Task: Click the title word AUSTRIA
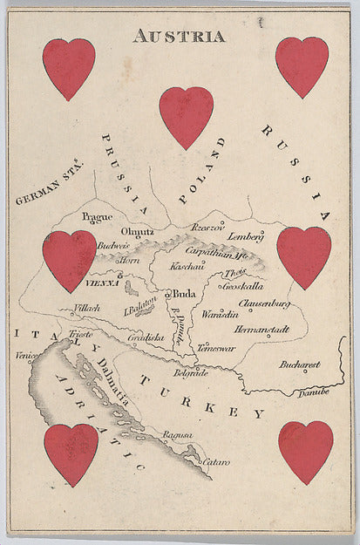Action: point(179,36)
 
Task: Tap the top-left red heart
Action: point(69,68)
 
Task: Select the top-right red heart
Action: point(302,66)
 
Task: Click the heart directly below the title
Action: point(186,116)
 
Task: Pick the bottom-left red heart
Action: point(71,453)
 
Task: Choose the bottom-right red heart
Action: point(306,451)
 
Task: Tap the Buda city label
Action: point(184,294)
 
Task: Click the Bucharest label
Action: point(299,364)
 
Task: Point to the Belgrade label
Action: point(191,372)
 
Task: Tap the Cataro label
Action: point(216,461)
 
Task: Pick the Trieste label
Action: point(81,335)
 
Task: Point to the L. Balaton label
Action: point(139,302)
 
